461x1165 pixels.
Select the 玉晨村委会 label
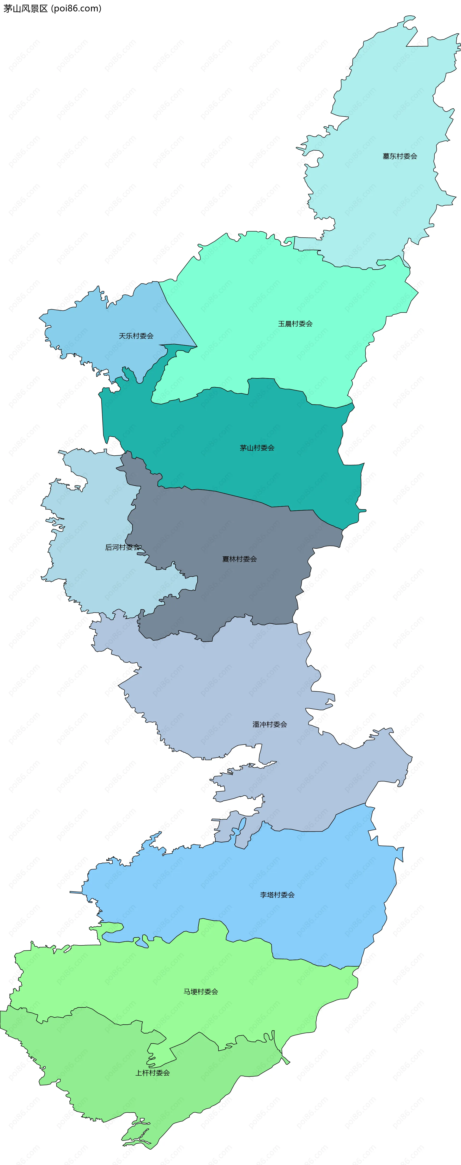click(295, 324)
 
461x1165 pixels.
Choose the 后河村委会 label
click(122, 547)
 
